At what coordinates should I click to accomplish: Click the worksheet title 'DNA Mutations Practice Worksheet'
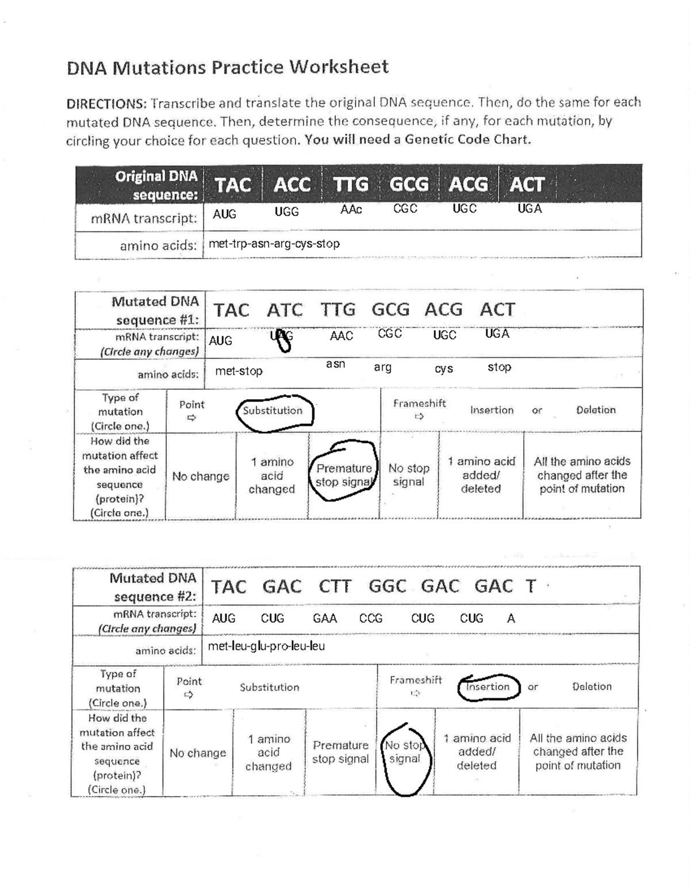228,67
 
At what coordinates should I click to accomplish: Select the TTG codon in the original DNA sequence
351,184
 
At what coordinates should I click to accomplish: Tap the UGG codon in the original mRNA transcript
286,212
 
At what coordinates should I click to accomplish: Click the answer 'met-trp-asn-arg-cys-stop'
274,244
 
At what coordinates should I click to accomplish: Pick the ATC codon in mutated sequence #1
285,310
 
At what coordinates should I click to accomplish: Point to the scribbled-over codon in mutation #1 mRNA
282,339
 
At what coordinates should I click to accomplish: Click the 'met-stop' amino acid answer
239,371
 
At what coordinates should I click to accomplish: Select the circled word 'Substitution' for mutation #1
273,411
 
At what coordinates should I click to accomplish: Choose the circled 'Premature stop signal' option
344,475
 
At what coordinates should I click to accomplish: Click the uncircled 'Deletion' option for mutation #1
596,410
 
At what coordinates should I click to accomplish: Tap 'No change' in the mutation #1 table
201,476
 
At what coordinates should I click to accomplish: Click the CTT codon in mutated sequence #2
335,586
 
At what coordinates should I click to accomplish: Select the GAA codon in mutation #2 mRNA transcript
325,619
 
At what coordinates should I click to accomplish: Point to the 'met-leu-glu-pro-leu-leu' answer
266,646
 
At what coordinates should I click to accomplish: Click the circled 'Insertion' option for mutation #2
488,687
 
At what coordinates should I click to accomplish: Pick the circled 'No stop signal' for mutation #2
405,752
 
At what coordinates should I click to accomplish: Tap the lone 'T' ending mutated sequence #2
531,586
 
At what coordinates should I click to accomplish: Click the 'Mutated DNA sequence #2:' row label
153,587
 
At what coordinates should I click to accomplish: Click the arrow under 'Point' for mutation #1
191,418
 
